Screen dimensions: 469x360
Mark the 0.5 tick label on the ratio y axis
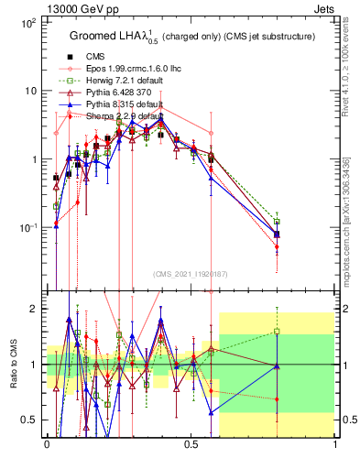click(28, 420)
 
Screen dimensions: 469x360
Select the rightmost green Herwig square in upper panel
click(278, 222)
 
